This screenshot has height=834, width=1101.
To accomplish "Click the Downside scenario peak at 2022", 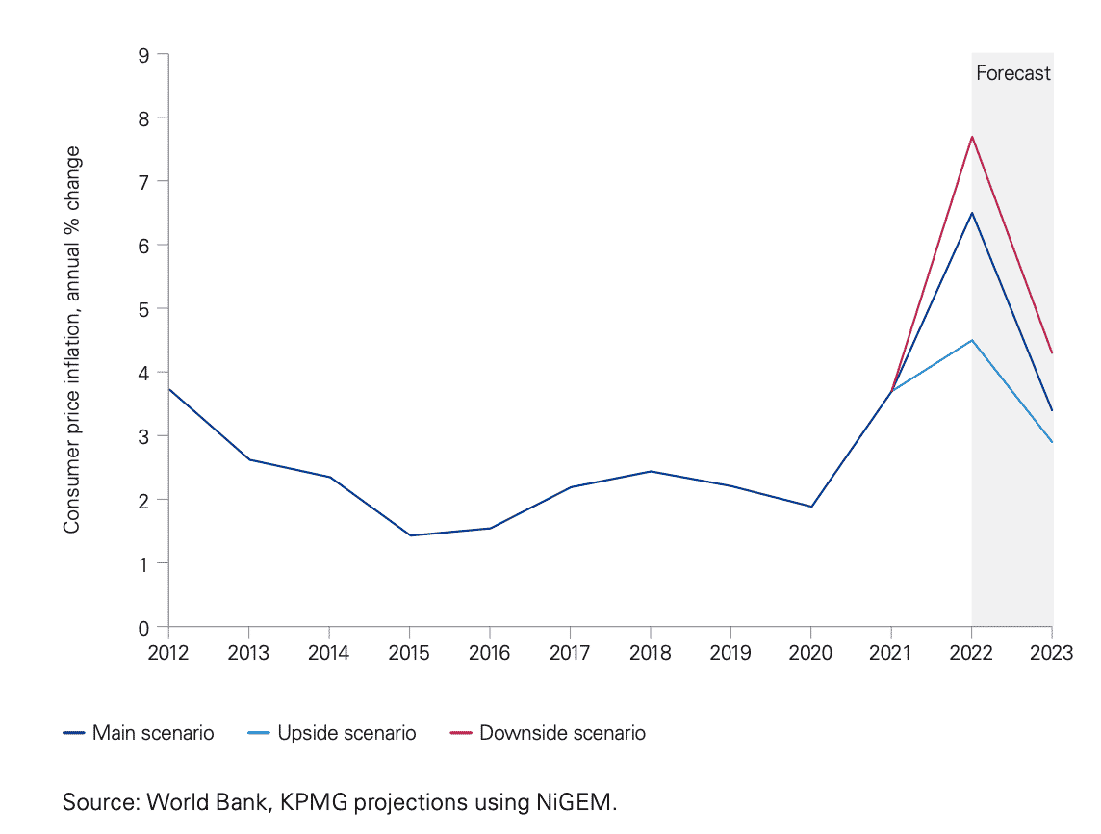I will coord(972,137).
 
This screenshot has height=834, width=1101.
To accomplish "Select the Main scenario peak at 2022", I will coord(972,213).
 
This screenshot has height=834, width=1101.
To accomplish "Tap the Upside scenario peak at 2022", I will coord(972,340).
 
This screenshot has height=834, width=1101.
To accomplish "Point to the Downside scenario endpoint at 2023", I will coord(1052,352).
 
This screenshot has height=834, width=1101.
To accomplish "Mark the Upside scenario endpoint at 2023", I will coord(1052,442).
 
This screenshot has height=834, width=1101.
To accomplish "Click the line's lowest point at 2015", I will coord(411,535).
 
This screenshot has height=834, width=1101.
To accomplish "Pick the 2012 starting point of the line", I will coord(169,389).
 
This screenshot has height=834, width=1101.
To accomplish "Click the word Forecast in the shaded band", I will coord(1012,73).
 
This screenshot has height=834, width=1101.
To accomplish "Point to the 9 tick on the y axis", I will coord(144,55).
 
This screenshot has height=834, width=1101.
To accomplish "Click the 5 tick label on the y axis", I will coord(144,309).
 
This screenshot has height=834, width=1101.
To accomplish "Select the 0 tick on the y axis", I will coord(144,627).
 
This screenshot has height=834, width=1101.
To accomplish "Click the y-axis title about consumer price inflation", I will coord(72,341).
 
